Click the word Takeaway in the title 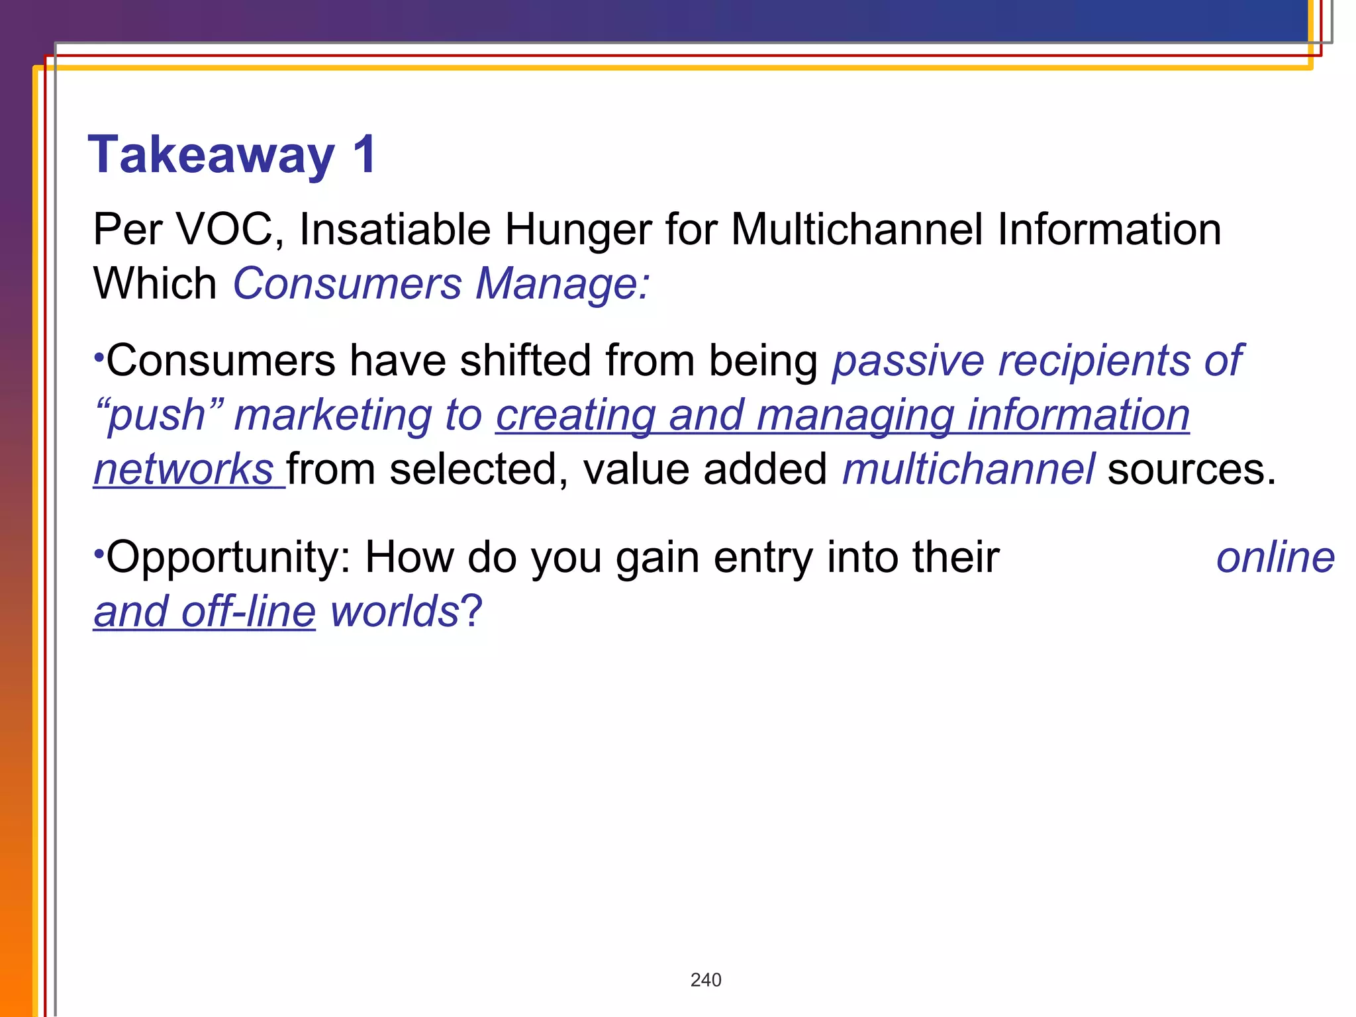[x=211, y=156]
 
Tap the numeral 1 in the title [x=365, y=154]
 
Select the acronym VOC [x=225, y=230]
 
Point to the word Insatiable [x=395, y=230]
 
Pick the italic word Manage [x=563, y=284]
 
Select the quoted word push [x=158, y=416]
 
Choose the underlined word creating [x=575, y=416]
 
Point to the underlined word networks [x=183, y=469]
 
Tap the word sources [x=1191, y=469]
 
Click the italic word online [x=1275, y=557]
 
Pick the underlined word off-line [x=248, y=611]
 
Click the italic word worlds [x=395, y=611]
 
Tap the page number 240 [x=706, y=980]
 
